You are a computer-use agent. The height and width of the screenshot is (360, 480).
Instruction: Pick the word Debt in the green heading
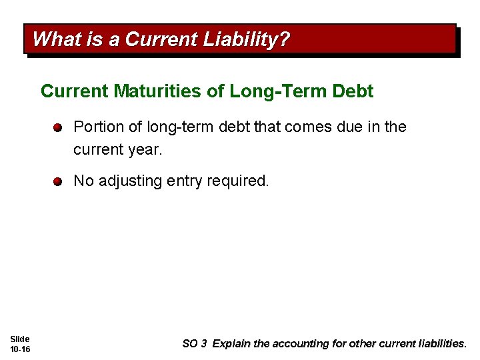pyautogui.click(x=353, y=91)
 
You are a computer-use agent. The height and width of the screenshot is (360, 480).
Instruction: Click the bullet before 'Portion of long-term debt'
pyautogui.click(x=58, y=127)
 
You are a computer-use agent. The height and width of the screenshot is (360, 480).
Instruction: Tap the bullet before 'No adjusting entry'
pyautogui.click(x=58, y=181)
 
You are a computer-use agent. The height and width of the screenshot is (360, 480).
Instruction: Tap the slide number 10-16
pyautogui.click(x=20, y=349)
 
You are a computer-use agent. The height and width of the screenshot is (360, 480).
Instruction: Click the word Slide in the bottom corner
pyautogui.click(x=20, y=339)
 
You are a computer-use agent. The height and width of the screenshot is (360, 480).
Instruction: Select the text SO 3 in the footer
pyautogui.click(x=195, y=344)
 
